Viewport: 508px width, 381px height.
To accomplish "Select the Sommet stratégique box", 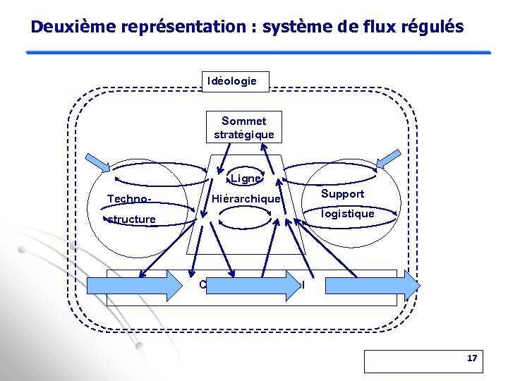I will click(244, 128).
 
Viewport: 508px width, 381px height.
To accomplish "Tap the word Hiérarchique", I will click(247, 200).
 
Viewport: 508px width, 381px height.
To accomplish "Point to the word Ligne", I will click(246, 179).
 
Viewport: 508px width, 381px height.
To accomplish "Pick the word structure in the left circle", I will click(131, 219).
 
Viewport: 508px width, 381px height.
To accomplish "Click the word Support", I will click(342, 194).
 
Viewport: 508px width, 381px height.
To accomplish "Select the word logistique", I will click(347, 214).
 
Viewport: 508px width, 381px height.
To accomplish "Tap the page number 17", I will click(472, 359).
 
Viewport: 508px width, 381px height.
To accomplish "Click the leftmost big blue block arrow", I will click(134, 286).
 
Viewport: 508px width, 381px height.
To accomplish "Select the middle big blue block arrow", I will click(254, 286).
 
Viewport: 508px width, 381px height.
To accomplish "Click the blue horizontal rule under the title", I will click(258, 52).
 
